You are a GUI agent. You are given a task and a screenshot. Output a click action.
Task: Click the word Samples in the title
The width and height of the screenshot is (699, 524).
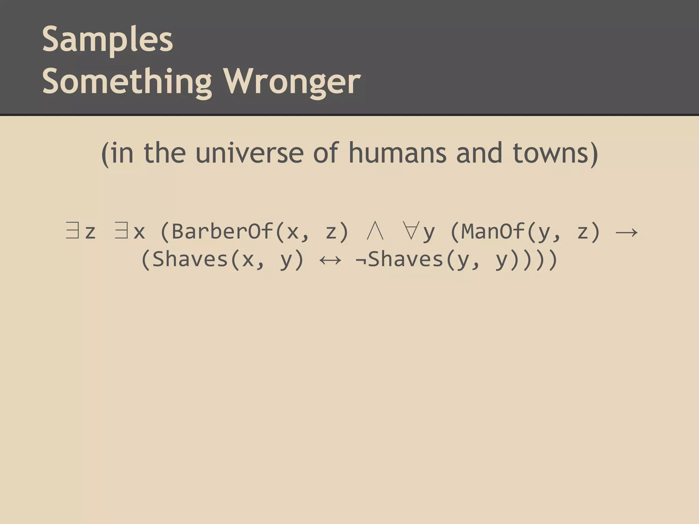[x=108, y=40]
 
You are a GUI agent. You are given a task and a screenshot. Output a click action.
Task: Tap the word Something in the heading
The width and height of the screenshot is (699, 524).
[x=127, y=82]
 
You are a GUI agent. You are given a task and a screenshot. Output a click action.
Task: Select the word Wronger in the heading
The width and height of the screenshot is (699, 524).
[x=292, y=82]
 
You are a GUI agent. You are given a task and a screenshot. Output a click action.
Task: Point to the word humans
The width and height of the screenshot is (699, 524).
[x=397, y=153]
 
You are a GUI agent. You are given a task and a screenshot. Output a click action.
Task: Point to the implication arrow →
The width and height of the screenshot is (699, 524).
[x=626, y=232]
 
